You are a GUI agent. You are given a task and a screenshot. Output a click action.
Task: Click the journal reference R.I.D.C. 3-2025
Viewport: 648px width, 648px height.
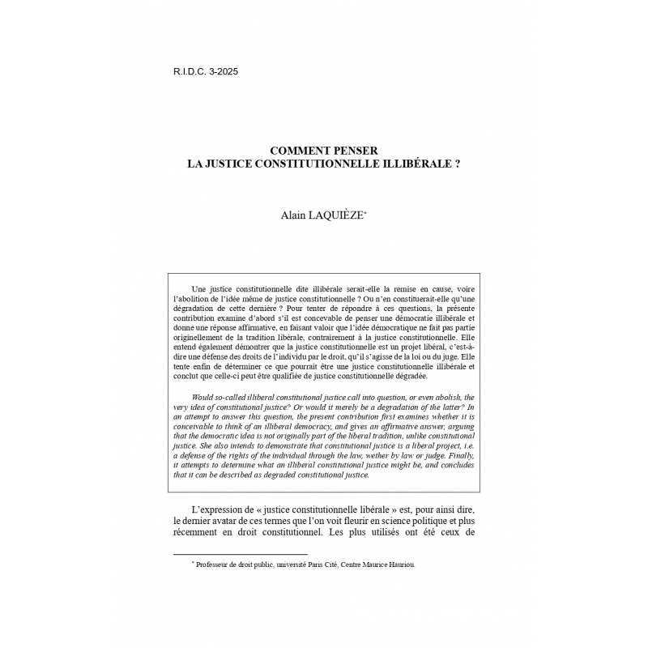click(x=206, y=71)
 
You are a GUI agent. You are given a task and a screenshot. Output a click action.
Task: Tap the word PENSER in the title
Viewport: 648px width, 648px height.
click(x=359, y=150)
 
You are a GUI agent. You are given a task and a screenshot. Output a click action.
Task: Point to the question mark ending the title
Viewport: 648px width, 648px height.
click(x=458, y=162)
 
